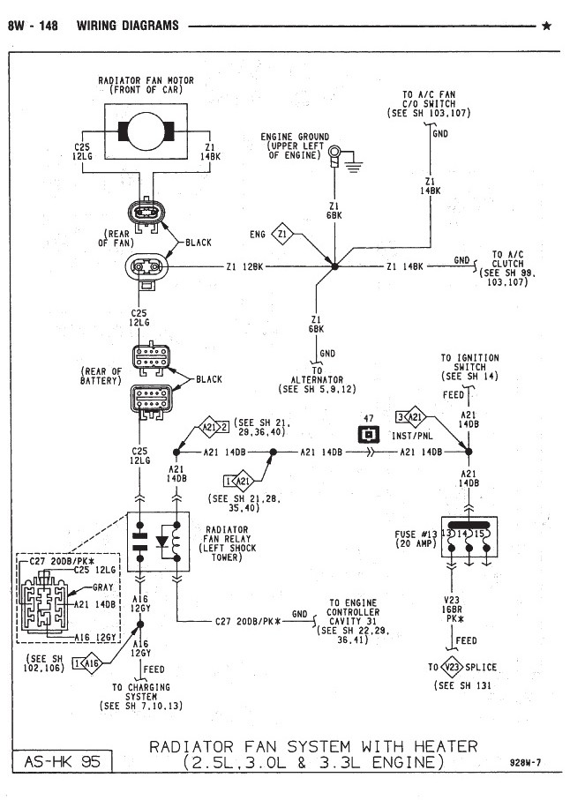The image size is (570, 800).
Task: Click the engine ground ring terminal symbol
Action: coord(334,153)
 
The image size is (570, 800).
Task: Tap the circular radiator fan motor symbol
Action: coord(146,131)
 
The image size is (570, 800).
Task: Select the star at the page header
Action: coord(546,26)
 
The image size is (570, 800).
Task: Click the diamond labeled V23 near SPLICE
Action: coord(452,667)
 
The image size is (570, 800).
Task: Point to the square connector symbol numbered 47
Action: coord(369,434)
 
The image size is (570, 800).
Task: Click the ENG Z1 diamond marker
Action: coord(282,235)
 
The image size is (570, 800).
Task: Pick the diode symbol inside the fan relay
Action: coord(162,542)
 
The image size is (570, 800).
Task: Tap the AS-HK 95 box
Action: coord(61,762)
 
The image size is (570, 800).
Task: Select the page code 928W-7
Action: coord(525,763)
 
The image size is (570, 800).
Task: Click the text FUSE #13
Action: coord(416,535)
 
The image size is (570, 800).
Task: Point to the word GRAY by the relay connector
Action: coord(102,587)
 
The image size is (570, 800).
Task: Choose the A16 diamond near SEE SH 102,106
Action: coord(92,663)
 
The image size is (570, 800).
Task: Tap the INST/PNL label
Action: coord(412,437)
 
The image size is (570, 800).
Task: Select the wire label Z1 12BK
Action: coord(245,266)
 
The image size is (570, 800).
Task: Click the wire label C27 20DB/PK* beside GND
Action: coord(248,622)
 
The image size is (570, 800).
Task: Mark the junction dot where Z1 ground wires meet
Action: coord(334,266)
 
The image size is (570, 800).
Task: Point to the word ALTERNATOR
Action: coord(317,379)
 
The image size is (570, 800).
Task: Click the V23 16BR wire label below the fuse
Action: coord(452,604)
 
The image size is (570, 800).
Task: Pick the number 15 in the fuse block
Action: coord(479,534)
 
